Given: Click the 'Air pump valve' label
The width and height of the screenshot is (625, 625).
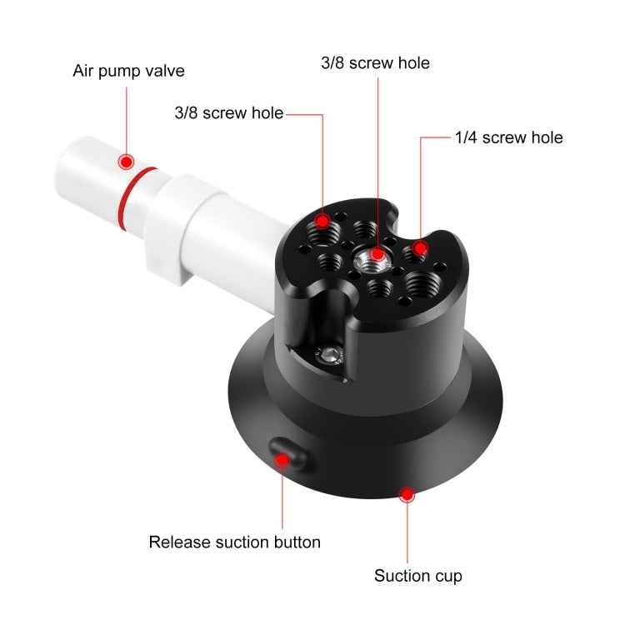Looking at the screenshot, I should point(128,71).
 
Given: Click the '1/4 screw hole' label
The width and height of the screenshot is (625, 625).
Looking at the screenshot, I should point(507,137).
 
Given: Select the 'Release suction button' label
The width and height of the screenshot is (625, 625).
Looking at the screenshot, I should point(234,542).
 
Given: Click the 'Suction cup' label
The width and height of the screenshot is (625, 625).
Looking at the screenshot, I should point(417,576).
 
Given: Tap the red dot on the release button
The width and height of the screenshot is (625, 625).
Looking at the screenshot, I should point(283,458).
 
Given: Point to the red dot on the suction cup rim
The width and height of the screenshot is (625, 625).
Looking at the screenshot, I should point(407,495).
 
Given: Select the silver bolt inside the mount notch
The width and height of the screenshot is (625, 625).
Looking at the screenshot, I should point(331,355).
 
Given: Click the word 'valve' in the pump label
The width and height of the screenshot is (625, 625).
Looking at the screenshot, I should point(166,71).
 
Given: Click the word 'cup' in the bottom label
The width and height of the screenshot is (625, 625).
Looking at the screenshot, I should point(447,576).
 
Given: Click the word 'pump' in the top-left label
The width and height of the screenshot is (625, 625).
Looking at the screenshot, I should point(122,72).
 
